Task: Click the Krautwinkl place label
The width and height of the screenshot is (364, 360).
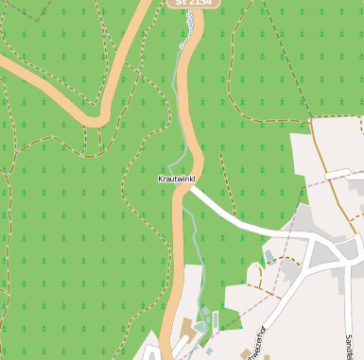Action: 177,178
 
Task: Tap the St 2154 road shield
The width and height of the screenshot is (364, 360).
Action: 194,4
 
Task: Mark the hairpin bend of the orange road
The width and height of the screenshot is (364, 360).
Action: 98,117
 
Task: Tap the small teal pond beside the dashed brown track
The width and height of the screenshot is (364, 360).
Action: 270,255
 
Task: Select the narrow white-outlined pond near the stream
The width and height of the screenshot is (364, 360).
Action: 215,321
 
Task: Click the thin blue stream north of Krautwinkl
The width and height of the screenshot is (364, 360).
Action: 177,113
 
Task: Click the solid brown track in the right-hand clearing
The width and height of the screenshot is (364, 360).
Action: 326,170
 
